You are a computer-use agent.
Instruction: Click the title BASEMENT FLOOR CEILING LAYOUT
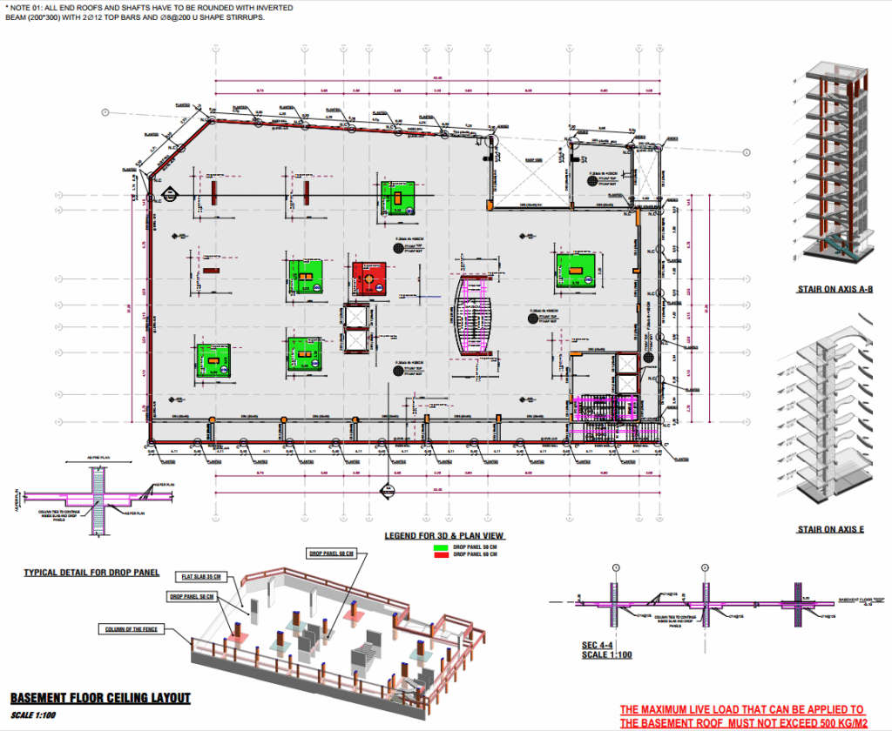pos(100,698)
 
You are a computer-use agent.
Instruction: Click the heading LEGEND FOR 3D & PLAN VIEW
pos(445,536)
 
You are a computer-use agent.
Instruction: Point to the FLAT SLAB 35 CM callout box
pos(202,576)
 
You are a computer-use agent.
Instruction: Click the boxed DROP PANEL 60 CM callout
pos(331,553)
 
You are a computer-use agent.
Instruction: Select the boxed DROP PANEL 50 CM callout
pos(192,596)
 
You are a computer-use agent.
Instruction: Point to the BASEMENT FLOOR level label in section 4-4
pos(858,600)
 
